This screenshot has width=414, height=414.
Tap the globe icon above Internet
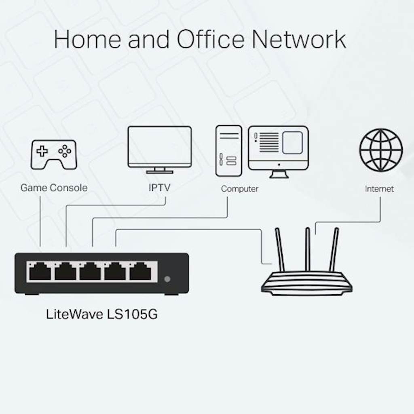[381, 150]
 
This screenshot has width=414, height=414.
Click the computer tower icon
[228, 150]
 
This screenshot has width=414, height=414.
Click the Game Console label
[54, 188]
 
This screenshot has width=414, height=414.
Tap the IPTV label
[160, 188]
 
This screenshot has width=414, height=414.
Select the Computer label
[239, 189]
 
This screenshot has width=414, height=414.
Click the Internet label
[379, 189]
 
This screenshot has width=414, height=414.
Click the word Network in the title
[298, 40]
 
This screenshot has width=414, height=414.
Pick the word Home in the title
[87, 40]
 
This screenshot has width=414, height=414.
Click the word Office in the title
[210, 40]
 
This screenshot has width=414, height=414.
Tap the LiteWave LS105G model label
[101, 314]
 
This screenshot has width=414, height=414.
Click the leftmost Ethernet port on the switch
[40, 272]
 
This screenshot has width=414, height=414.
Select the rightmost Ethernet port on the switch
[140, 272]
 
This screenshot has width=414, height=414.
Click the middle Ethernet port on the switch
[90, 272]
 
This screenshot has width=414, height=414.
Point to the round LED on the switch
[167, 279]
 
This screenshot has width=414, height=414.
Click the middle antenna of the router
[308, 249]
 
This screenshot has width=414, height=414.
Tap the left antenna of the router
[280, 249]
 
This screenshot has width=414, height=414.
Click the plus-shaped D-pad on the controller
[42, 152]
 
